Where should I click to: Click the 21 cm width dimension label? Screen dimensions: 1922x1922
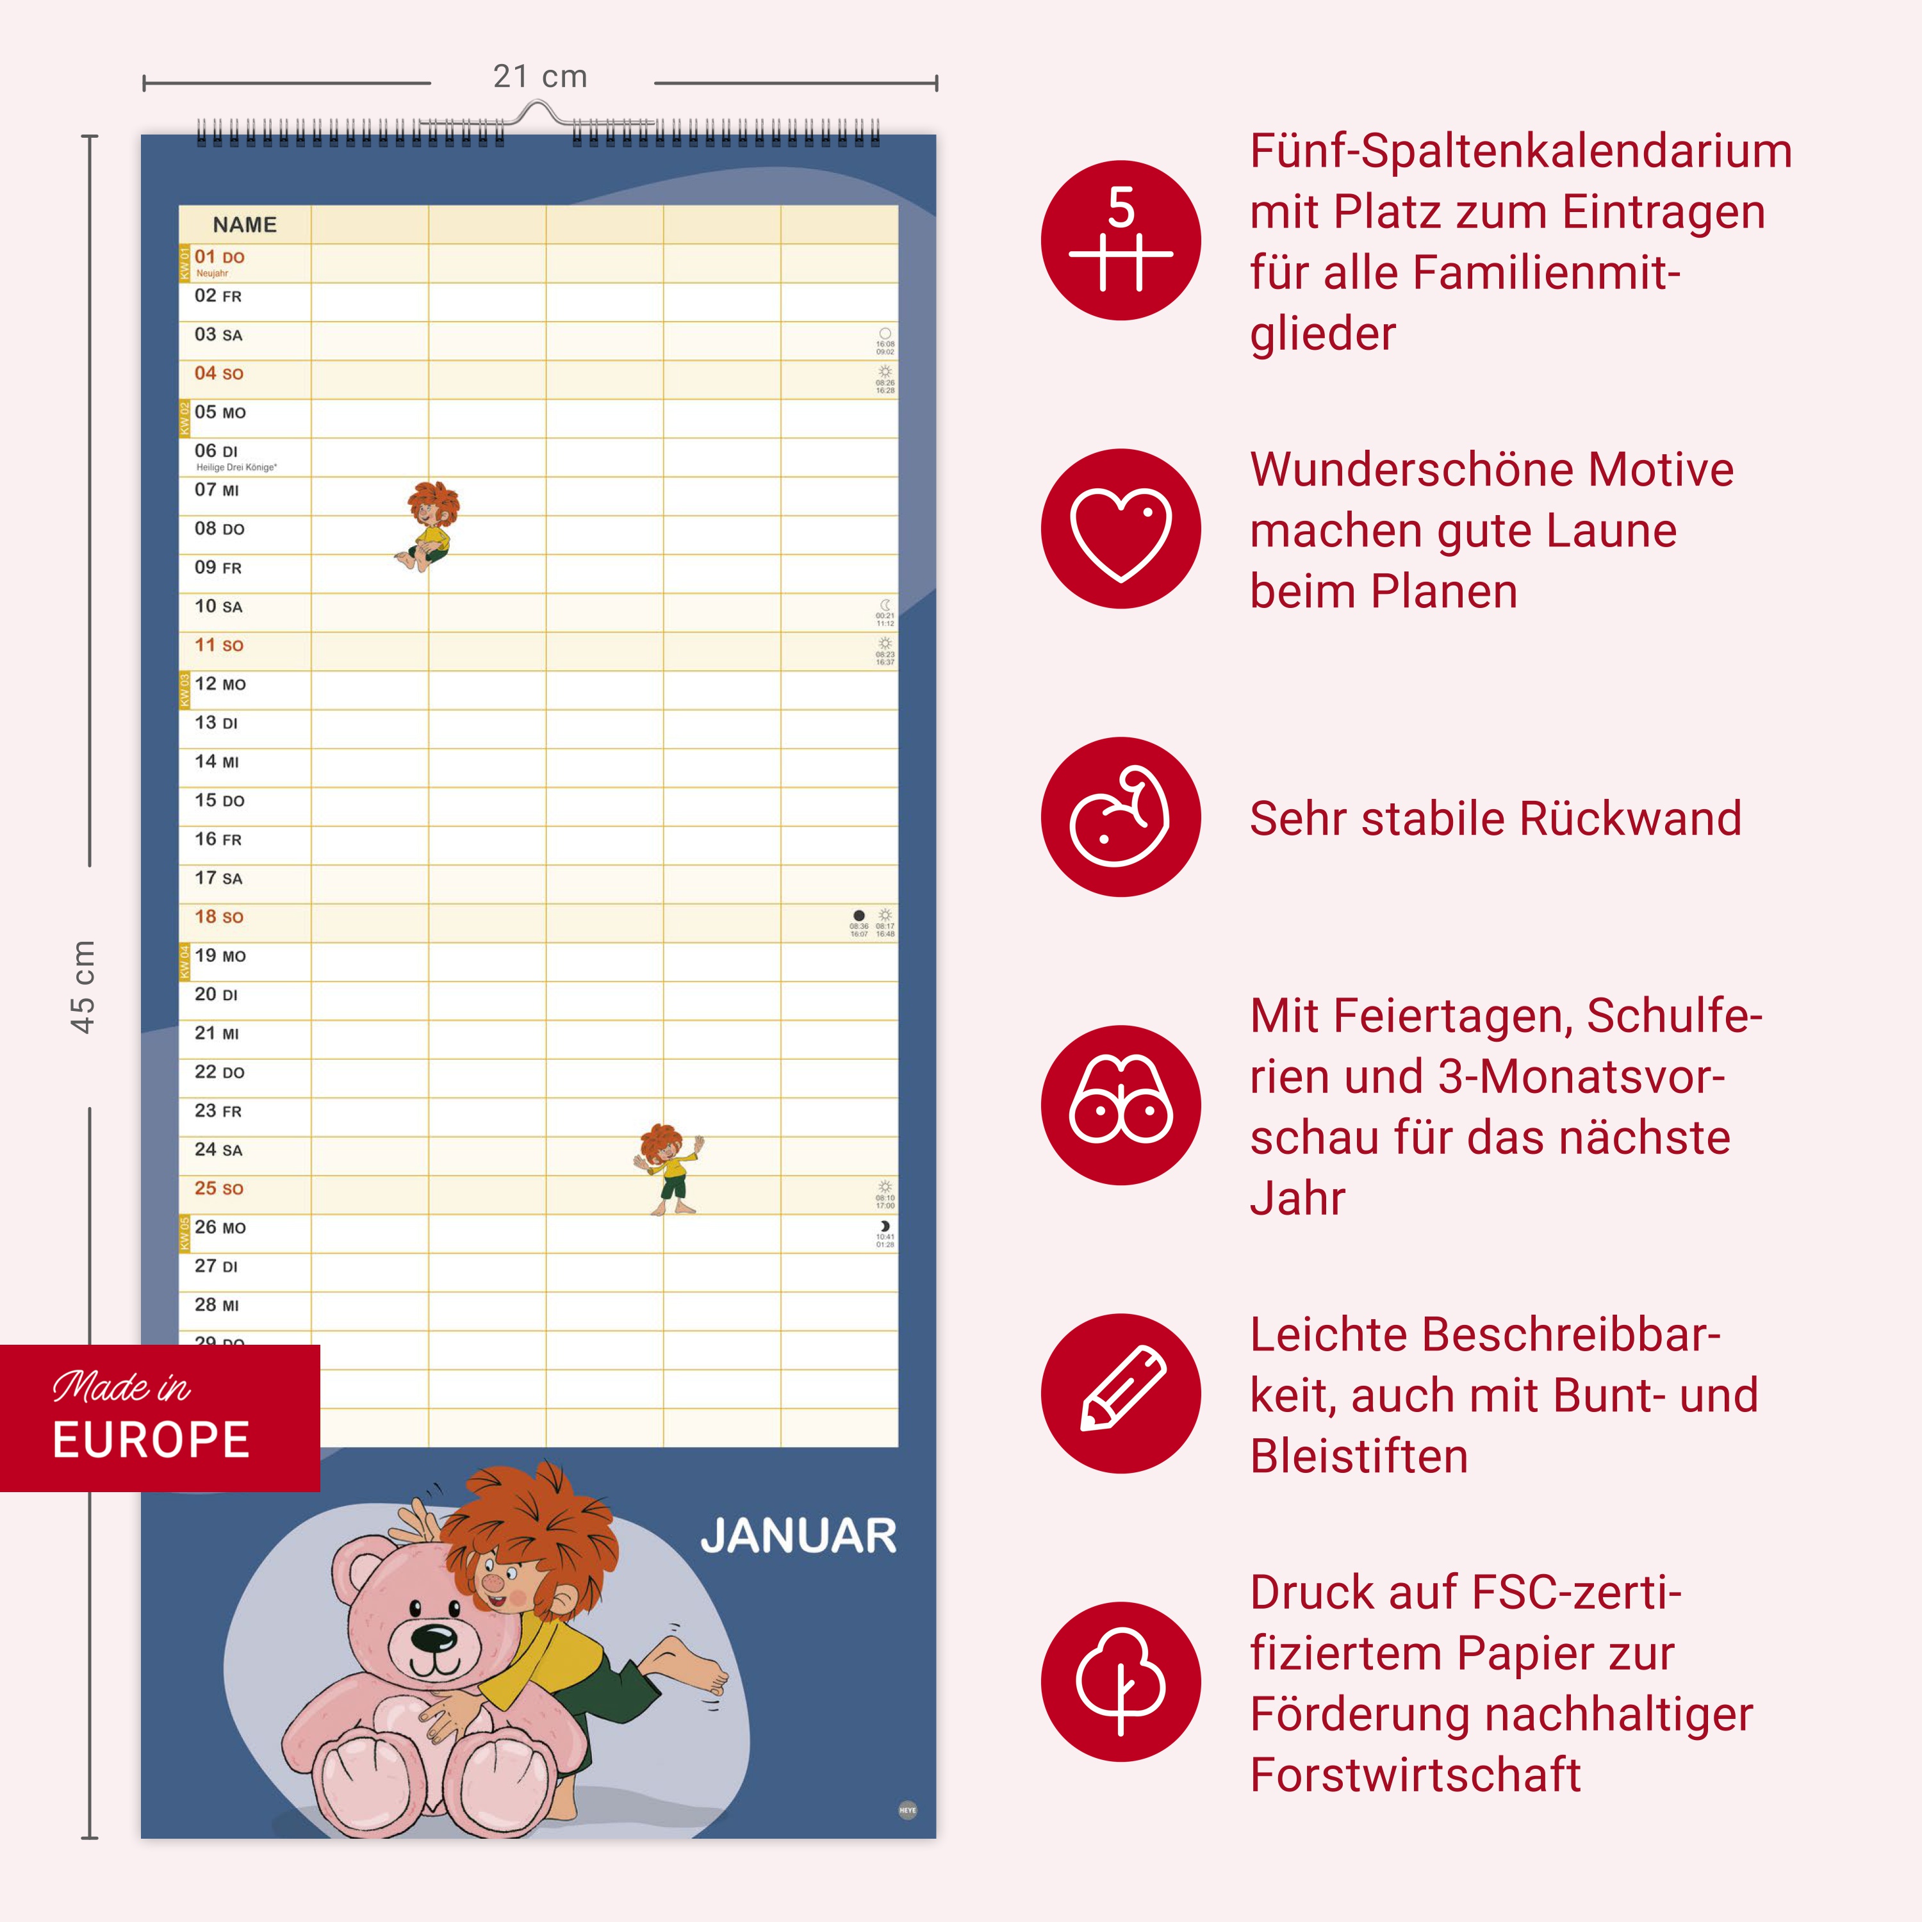(540, 77)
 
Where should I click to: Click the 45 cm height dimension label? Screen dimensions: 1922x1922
(83, 986)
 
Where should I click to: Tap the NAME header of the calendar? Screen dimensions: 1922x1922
(245, 225)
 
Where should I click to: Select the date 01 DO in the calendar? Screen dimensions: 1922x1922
(219, 258)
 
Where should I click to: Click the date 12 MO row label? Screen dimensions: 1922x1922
(220, 684)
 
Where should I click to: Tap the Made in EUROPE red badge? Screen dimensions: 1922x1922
(159, 1418)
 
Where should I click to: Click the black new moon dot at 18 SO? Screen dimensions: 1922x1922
(858, 916)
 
